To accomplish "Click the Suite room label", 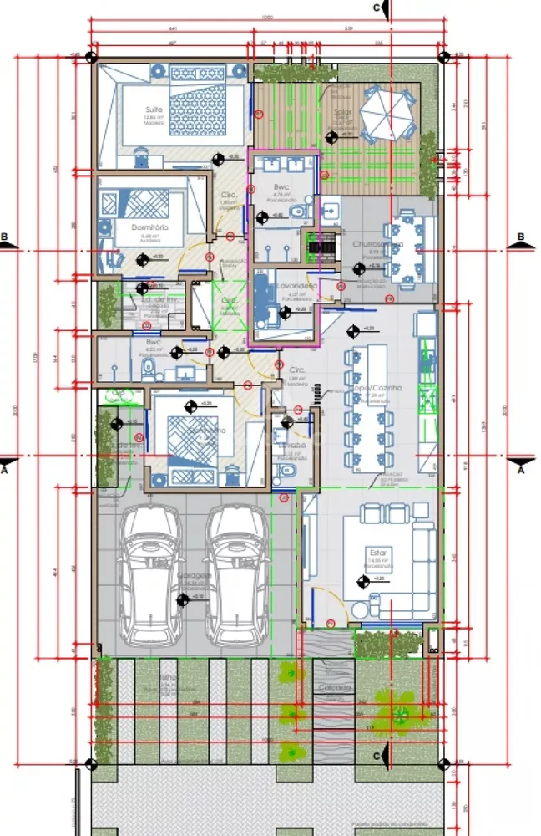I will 154,110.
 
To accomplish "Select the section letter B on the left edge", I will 5,237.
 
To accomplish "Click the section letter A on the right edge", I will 522,470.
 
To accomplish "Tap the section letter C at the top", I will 377,8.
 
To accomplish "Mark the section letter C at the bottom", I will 377,756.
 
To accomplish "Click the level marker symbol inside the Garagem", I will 182,599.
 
